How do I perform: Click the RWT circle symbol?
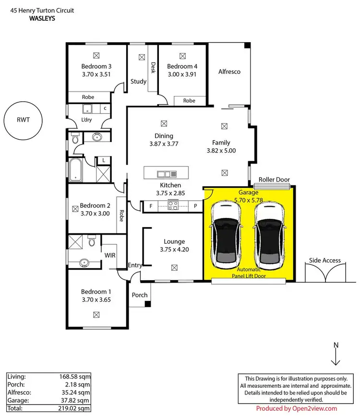[x=23, y=120]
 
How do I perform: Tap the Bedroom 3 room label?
[x=96, y=66]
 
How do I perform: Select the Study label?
[x=138, y=82]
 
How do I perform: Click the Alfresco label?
[x=229, y=72]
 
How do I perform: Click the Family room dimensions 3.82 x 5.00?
[x=221, y=150]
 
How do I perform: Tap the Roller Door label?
[x=274, y=179]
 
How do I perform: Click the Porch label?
[x=140, y=295]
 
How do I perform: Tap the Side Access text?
[x=324, y=261]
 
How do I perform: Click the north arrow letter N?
[x=336, y=345]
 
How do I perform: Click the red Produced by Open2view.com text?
[x=296, y=409]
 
